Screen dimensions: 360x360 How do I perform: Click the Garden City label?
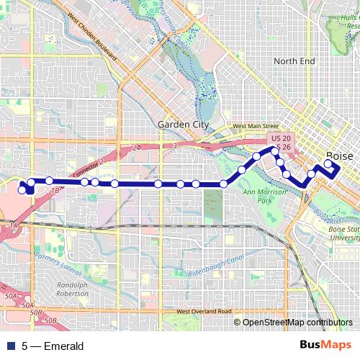[183, 125]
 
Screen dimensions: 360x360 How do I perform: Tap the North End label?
[294, 62]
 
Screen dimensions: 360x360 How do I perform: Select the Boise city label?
[339, 156]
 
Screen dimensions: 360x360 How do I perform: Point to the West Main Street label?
[250, 127]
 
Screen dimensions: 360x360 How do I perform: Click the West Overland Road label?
[204, 311]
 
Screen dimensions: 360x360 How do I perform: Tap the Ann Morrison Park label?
[259, 196]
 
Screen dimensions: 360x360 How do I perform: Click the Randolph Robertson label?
[71, 289]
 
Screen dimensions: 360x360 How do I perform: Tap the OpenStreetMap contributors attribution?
[297, 322]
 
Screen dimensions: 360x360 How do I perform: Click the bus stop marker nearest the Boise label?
[328, 163]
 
